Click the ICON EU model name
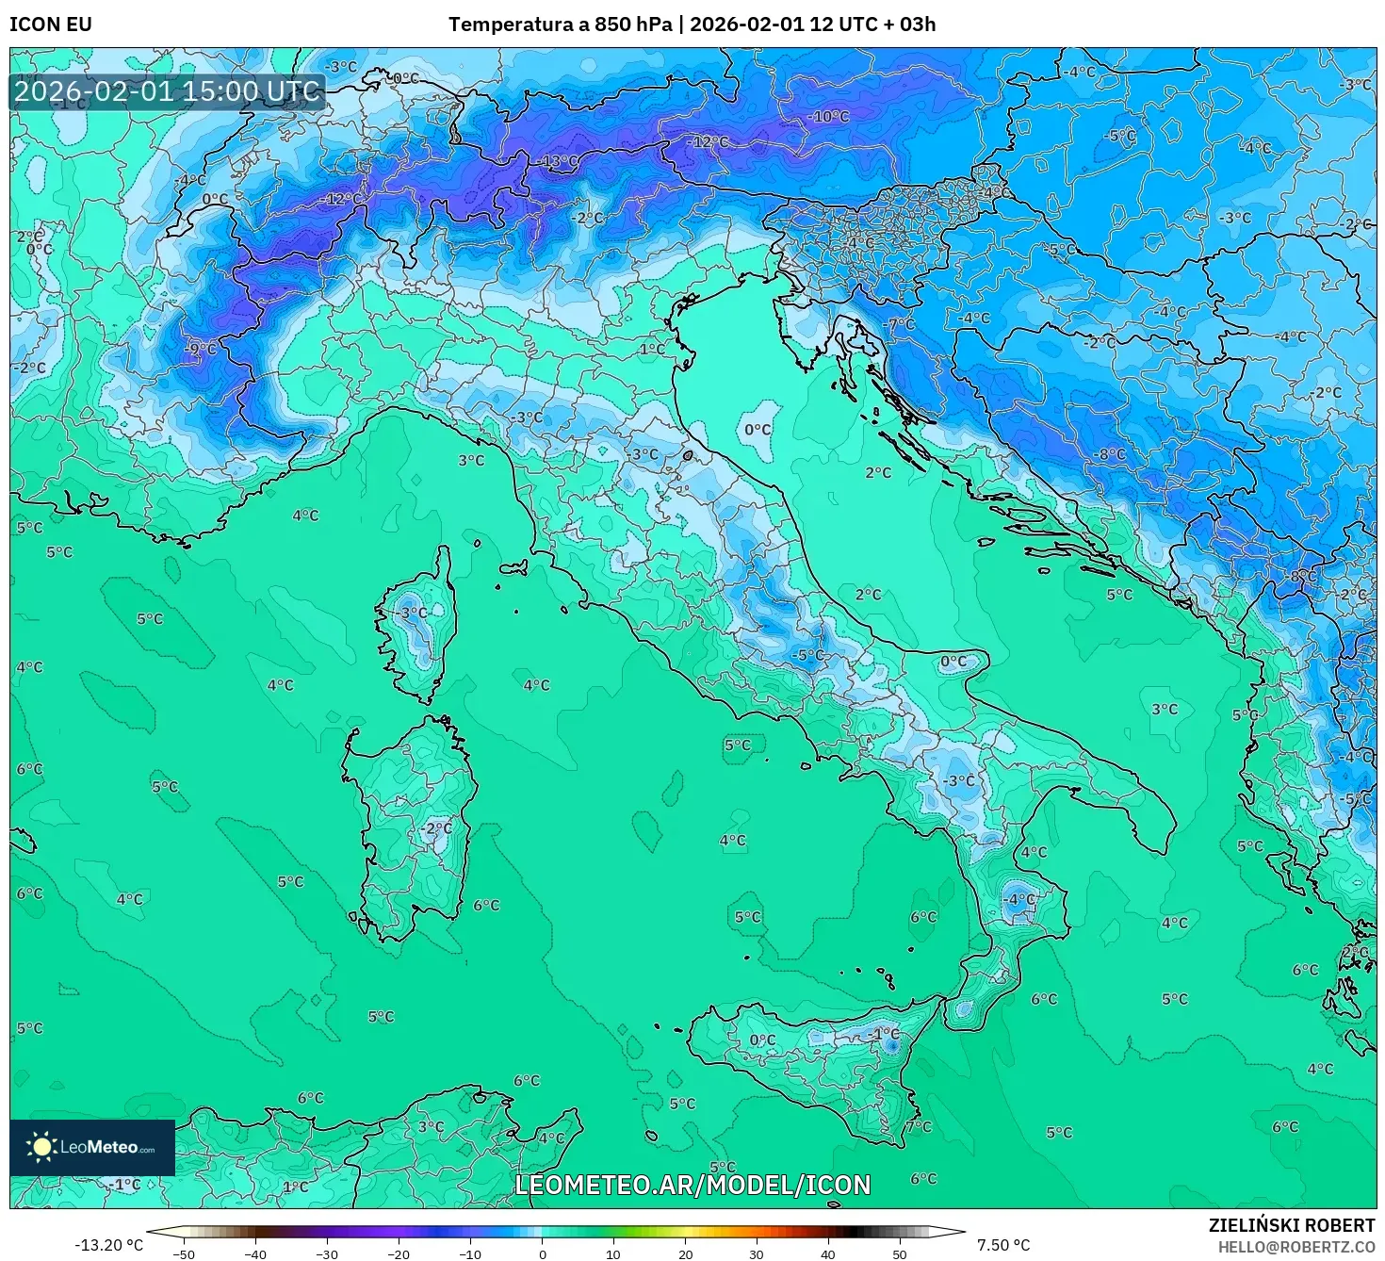coord(51,24)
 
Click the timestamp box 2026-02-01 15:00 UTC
coord(168,91)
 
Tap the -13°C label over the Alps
coord(560,161)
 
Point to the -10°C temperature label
coord(829,116)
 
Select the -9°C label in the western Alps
coord(200,349)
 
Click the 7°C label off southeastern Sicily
coord(918,1126)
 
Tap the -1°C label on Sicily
coord(885,1034)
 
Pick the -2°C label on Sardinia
coord(436,828)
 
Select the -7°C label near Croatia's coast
coord(900,323)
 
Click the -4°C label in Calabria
coord(1019,899)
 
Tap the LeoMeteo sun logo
coord(42,1147)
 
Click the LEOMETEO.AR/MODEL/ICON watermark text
coord(692,1185)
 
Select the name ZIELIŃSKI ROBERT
coord(1292,1225)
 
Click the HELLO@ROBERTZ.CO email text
coord(1295,1246)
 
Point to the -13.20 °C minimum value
coord(109,1245)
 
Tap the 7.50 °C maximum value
coord(1003,1245)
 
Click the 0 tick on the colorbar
coord(542,1253)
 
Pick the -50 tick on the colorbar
coord(184,1253)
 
